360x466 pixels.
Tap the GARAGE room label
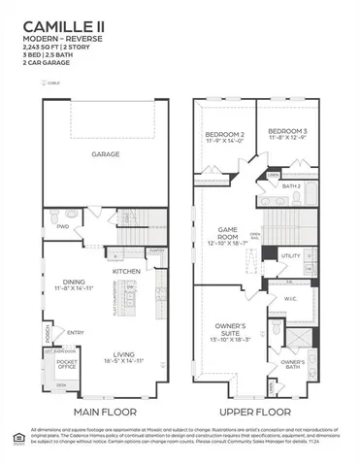point(106,153)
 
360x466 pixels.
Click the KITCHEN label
point(127,271)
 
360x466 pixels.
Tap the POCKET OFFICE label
point(67,363)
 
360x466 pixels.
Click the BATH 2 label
point(291,185)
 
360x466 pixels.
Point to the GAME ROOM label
point(228,235)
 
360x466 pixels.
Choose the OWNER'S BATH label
point(292,366)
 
